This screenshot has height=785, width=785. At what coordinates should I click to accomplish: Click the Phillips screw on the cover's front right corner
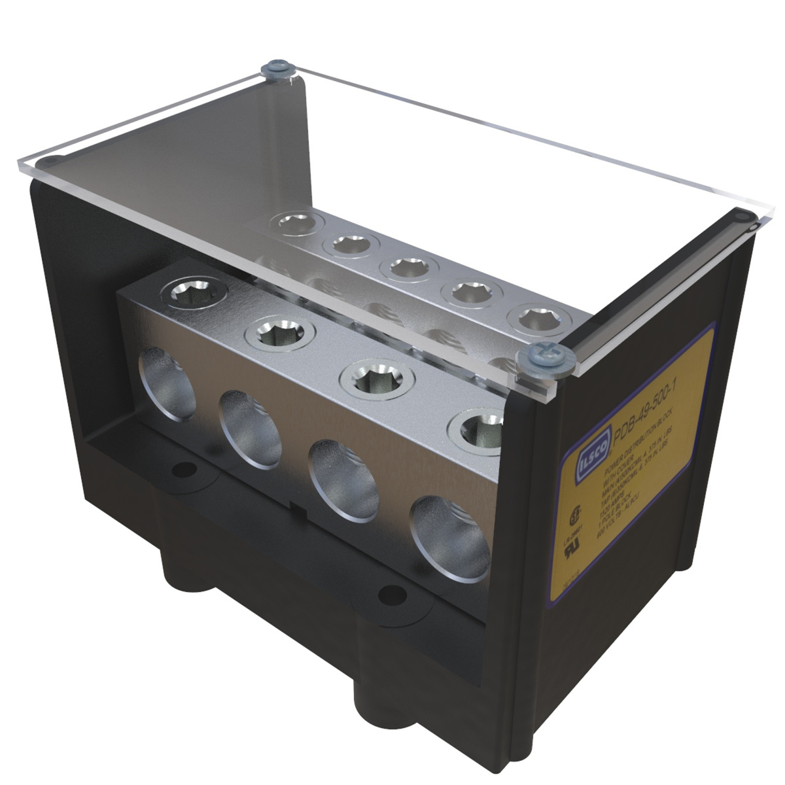pyautogui.click(x=537, y=357)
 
